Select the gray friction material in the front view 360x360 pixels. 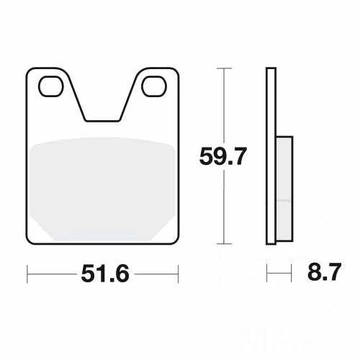(102, 189)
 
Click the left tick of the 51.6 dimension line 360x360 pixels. (27, 274)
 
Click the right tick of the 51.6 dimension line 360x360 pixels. (178, 274)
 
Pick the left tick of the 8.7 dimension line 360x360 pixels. (267, 274)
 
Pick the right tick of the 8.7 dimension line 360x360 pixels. (292, 274)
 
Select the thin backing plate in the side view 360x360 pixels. (271, 156)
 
